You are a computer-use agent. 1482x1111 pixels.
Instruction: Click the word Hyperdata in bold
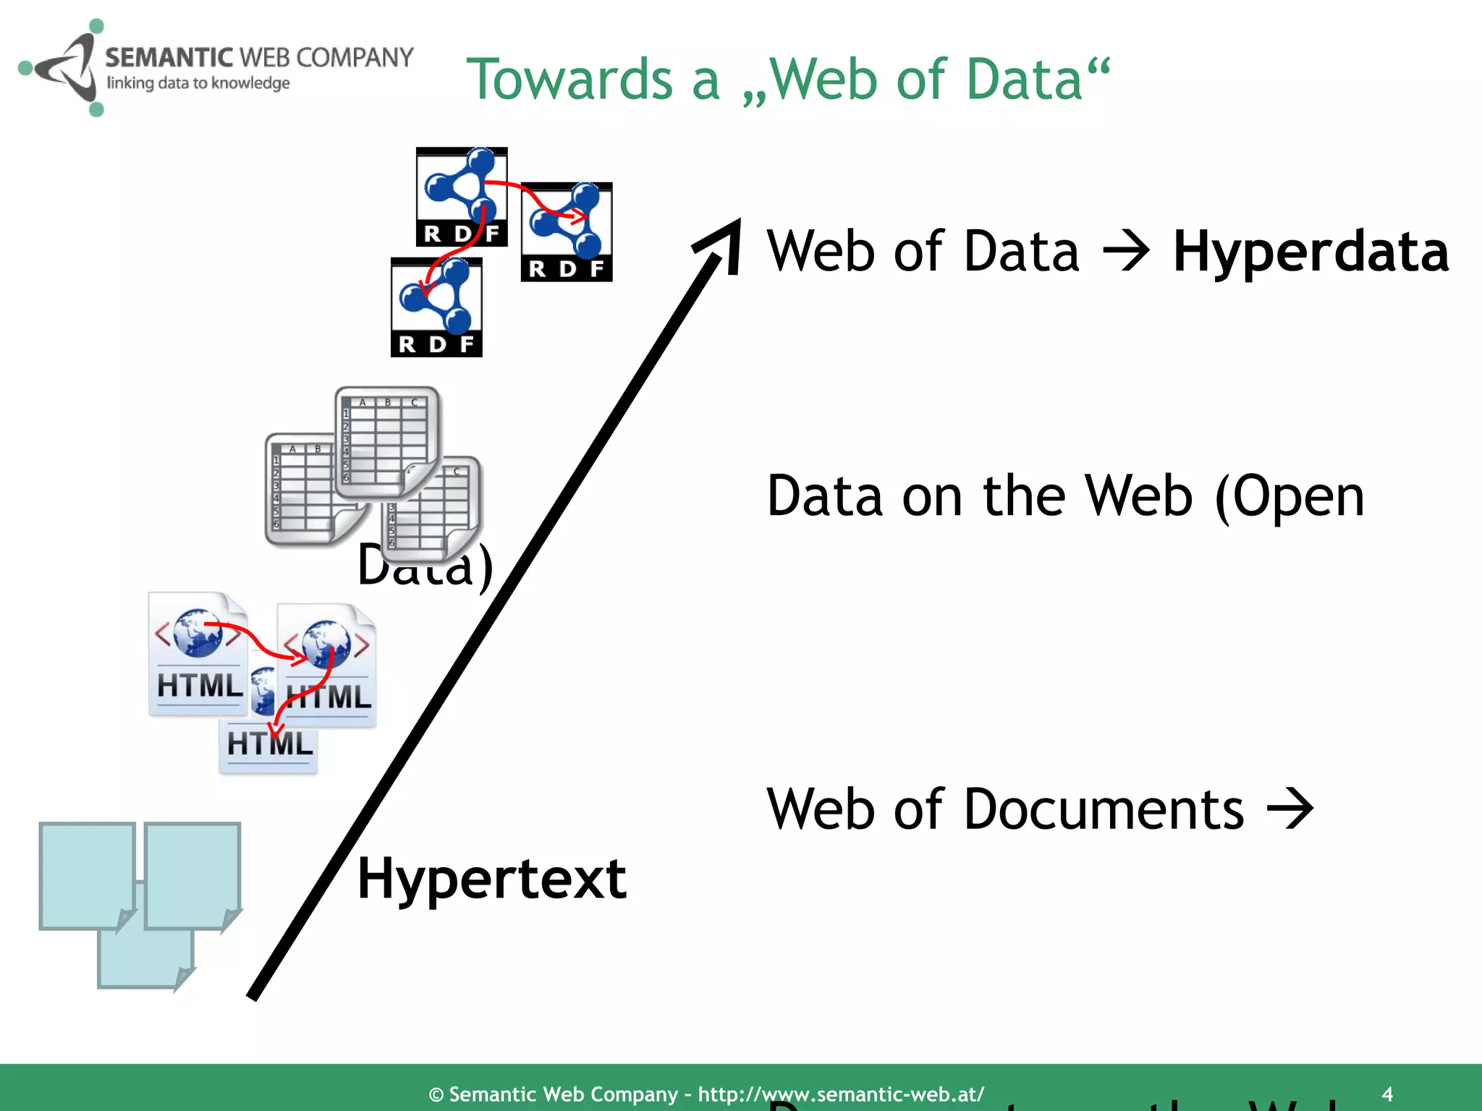coord(1310,251)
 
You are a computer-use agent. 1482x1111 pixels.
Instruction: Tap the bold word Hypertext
coord(491,879)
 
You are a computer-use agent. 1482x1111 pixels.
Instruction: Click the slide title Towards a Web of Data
coord(787,80)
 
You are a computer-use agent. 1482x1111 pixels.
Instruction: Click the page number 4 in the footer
coord(1386,1093)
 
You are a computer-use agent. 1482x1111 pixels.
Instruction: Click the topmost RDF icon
coord(462,197)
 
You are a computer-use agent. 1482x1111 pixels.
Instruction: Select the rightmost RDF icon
coord(567,231)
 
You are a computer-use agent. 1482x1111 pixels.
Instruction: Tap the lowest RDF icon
coord(436,307)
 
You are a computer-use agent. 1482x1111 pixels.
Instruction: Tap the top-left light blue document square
coord(87,875)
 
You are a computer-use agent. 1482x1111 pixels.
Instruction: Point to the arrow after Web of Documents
coord(1290,809)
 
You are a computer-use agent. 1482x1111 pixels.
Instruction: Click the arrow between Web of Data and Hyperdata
coord(1126,252)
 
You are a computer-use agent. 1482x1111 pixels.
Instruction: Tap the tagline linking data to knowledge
coord(198,83)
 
